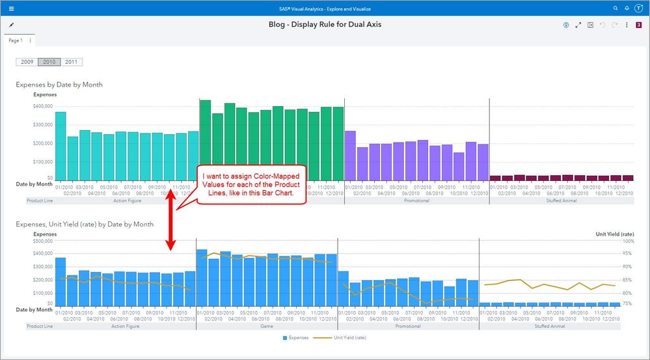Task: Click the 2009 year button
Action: coord(27,62)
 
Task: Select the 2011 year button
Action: coord(72,62)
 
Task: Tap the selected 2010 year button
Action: coord(49,62)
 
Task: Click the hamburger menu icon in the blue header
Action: coord(11,8)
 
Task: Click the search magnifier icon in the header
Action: coord(616,8)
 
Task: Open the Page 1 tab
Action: coord(15,40)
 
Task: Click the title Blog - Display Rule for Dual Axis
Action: coord(325,25)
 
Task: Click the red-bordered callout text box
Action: coord(251,185)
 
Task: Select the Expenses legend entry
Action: coord(296,338)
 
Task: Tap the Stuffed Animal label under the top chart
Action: coord(561,201)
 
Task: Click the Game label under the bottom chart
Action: coord(267,326)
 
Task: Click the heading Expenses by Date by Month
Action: coord(59,85)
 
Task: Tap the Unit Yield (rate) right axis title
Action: coord(615,233)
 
